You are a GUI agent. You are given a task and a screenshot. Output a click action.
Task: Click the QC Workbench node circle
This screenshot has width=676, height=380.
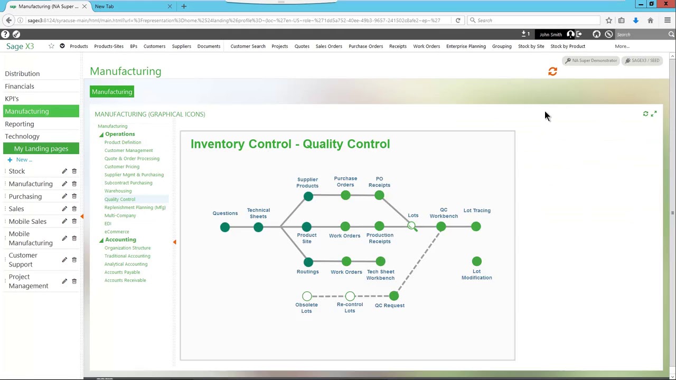[x=441, y=227]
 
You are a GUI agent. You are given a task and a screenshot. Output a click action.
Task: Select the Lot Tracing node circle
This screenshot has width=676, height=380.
[x=476, y=227]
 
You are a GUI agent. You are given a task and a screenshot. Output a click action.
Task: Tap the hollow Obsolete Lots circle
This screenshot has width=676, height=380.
[x=307, y=296]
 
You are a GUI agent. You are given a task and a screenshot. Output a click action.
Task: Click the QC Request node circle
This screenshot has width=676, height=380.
[x=393, y=296]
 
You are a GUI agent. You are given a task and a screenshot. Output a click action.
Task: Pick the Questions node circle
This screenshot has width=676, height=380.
[x=225, y=227]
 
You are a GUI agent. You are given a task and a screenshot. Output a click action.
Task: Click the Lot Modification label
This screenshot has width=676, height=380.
[x=476, y=274]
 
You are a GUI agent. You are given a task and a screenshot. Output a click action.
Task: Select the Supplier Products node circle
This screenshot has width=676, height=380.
[x=308, y=196]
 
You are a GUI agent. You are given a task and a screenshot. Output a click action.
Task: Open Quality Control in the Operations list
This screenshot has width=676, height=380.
[x=120, y=199]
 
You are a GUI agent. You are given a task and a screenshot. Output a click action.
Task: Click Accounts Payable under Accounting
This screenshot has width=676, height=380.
[x=122, y=272]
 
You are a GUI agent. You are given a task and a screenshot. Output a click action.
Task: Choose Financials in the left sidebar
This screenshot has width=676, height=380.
[x=20, y=86]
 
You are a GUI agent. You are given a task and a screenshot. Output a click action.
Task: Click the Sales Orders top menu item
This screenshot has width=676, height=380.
[x=328, y=46]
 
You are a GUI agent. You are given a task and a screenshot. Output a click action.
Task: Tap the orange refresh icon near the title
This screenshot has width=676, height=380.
[x=552, y=71]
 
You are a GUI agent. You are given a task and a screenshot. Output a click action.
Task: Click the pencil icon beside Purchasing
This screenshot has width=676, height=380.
[x=64, y=196]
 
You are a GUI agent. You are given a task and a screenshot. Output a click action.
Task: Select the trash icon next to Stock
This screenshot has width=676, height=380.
[x=74, y=171]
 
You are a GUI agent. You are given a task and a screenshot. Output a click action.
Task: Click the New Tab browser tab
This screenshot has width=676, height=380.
[x=105, y=6]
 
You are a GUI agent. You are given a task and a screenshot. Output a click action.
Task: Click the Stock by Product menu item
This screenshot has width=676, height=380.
[x=567, y=46]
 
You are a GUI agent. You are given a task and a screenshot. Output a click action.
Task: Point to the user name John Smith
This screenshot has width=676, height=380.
[x=550, y=35]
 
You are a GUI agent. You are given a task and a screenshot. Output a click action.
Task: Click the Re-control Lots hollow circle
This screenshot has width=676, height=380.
[x=350, y=296]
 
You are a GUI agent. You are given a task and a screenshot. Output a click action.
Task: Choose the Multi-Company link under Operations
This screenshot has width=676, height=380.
[x=120, y=215]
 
